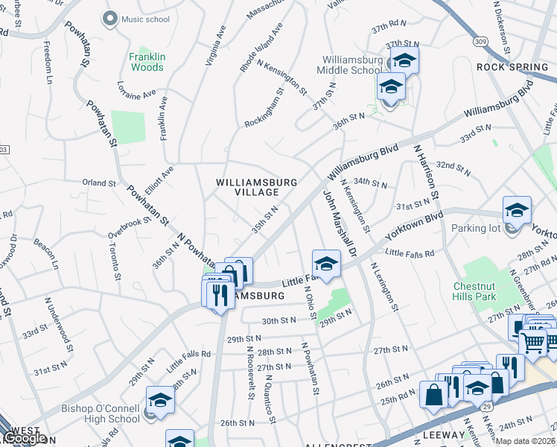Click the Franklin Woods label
[146, 62]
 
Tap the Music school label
[145, 19]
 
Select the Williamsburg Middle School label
[352, 65]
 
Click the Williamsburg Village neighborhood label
[257, 186]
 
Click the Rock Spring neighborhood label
[512, 67]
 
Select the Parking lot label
[478, 228]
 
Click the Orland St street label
[99, 183]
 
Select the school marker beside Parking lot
[516, 211]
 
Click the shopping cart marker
[533, 343]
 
